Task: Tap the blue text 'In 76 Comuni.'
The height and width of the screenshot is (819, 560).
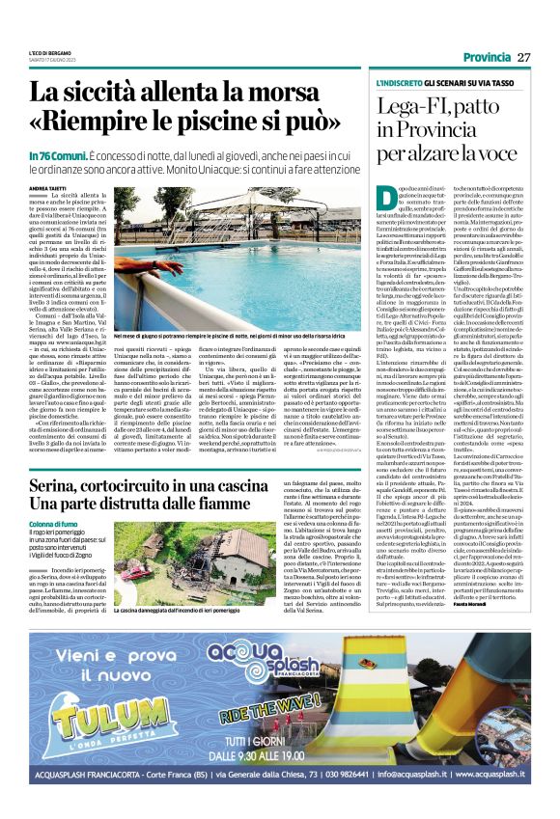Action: [x=54, y=156]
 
